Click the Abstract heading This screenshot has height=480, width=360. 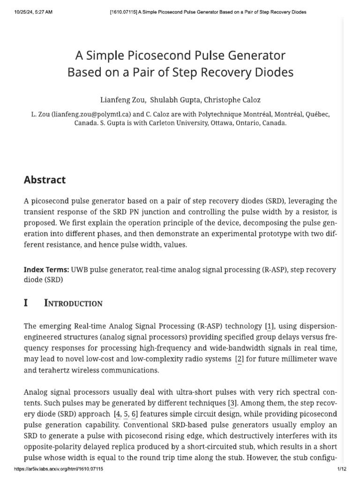point(45,180)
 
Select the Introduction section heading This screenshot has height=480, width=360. point(73,303)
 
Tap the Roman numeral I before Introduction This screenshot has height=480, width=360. point(26,303)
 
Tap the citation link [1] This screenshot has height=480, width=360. point(270,326)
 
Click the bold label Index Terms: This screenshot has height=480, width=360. point(46,270)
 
